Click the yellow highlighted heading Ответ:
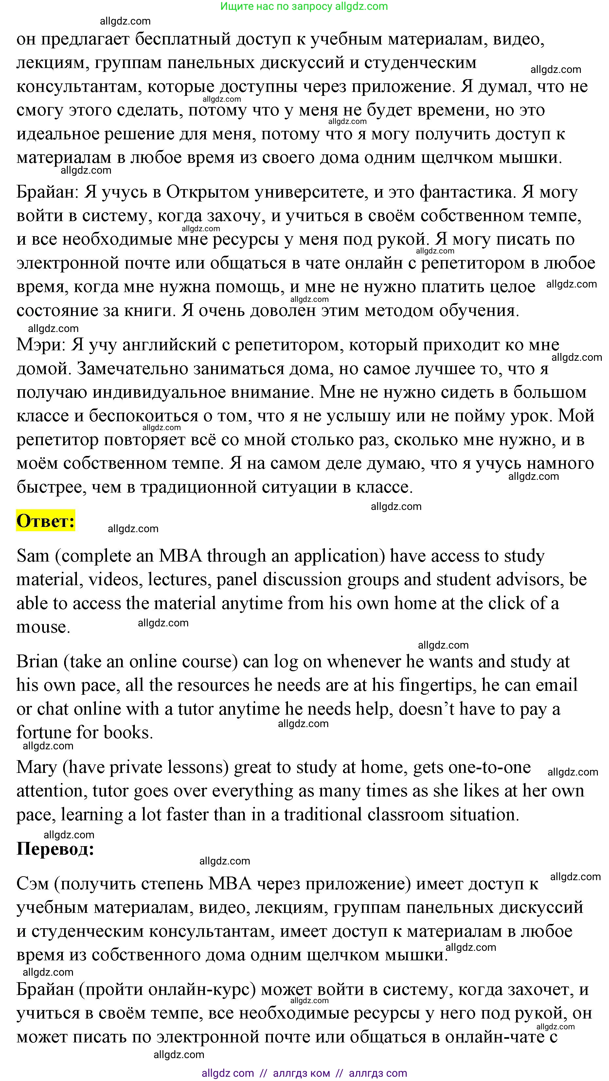[45, 521]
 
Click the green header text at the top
[304, 6]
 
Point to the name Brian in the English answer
[37, 662]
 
